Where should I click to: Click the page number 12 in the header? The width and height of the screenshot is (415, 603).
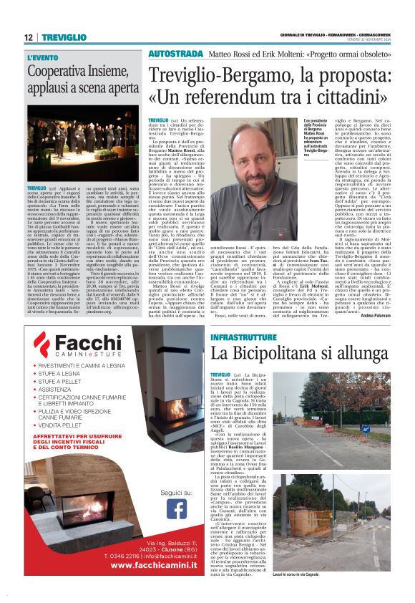29,37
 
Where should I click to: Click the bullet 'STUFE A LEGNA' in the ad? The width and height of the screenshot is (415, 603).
61,373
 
